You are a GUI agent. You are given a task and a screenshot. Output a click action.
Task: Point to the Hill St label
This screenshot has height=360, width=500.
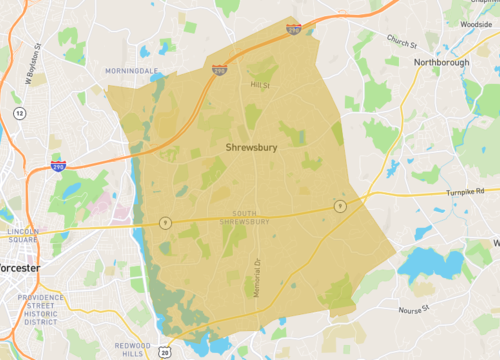click(x=260, y=85)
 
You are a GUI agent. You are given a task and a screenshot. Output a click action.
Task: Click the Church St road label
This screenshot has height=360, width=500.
click(x=402, y=42)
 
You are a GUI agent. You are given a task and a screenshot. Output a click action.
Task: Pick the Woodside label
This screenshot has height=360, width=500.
click(x=475, y=22)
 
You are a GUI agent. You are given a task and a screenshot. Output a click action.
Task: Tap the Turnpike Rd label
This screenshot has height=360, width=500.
click(x=466, y=190)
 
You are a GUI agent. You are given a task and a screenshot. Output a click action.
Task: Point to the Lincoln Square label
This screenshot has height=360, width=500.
click(x=22, y=236)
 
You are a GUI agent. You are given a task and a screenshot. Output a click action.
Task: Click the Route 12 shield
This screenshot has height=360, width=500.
click(x=19, y=113)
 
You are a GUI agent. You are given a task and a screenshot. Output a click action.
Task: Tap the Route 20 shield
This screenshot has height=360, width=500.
click(x=164, y=352)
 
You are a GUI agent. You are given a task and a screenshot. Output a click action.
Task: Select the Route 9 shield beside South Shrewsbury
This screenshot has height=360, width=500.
click(x=166, y=222)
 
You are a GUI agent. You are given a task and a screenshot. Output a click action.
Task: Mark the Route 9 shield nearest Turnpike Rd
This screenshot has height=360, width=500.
click(x=341, y=206)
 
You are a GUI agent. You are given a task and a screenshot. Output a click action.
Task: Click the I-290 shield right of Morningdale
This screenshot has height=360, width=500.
click(x=219, y=70)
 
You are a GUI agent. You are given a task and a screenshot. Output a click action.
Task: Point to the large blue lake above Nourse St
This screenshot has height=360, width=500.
click(x=431, y=264)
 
